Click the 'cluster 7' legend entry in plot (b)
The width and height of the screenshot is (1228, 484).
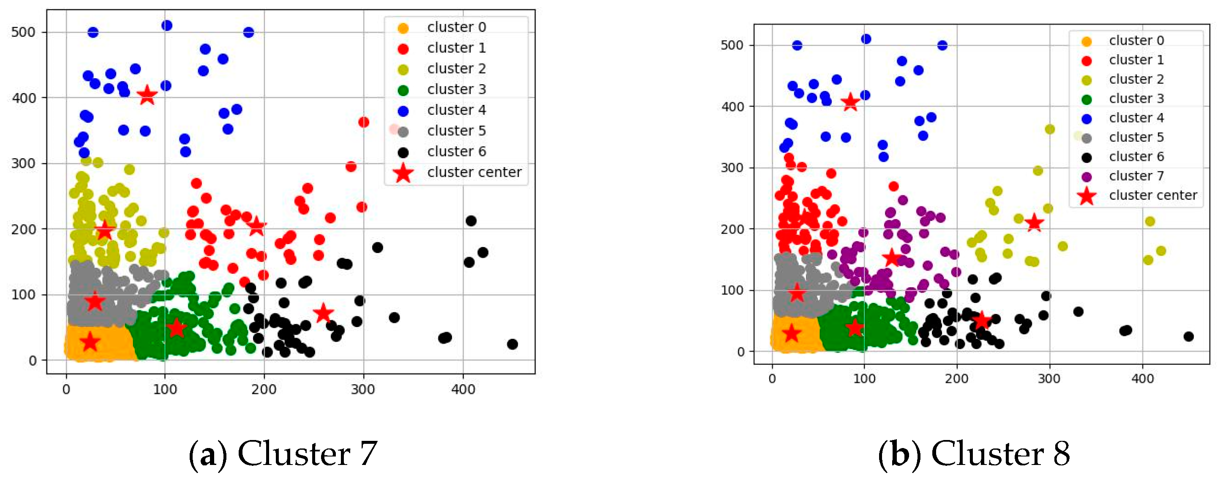pyautogui.click(x=1136, y=176)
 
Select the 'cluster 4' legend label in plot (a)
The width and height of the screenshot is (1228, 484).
pyautogui.click(x=456, y=110)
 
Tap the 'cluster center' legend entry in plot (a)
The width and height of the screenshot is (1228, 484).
pyautogui.click(x=474, y=172)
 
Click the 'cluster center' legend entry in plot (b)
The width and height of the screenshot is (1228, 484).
pyautogui.click(x=1153, y=195)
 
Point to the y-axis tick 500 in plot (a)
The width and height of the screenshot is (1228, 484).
pyautogui.click(x=23, y=33)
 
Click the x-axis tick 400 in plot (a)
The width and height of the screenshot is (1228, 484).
pyautogui.click(x=463, y=390)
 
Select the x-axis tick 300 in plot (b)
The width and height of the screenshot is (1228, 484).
pyautogui.click(x=1049, y=379)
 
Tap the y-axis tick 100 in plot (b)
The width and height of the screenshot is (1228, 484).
pyautogui.click(x=732, y=290)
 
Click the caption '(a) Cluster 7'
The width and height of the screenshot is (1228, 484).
pyautogui.click(x=283, y=454)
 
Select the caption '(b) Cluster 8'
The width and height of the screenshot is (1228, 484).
pyautogui.click(x=974, y=454)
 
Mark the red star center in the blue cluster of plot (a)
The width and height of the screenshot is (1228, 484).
pyautogui.click(x=147, y=96)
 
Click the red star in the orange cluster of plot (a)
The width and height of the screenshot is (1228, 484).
pyautogui.click(x=90, y=342)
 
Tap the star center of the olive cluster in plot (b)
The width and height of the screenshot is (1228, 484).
pyautogui.click(x=1034, y=223)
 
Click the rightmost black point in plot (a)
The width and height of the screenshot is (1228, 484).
pyautogui.click(x=512, y=344)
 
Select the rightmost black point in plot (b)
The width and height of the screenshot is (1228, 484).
pyautogui.click(x=1188, y=336)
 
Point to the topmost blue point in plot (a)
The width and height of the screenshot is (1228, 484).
pyautogui.click(x=167, y=25)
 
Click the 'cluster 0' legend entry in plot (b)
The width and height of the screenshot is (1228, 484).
pyautogui.click(x=1136, y=41)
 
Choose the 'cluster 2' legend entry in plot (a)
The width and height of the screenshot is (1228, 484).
pyautogui.click(x=456, y=69)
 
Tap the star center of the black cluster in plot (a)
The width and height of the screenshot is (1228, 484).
pyautogui.click(x=323, y=313)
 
